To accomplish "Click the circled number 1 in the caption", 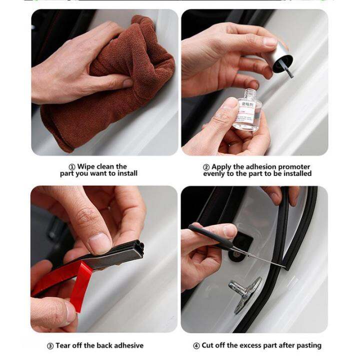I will coord(72,166).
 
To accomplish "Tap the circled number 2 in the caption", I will coord(206,166).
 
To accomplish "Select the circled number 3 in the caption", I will coord(50,345).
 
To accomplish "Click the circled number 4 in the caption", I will coord(196,345).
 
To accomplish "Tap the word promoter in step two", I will coord(294,166).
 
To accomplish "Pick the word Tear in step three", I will coord(65,345).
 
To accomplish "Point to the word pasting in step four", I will coord(308,345).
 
